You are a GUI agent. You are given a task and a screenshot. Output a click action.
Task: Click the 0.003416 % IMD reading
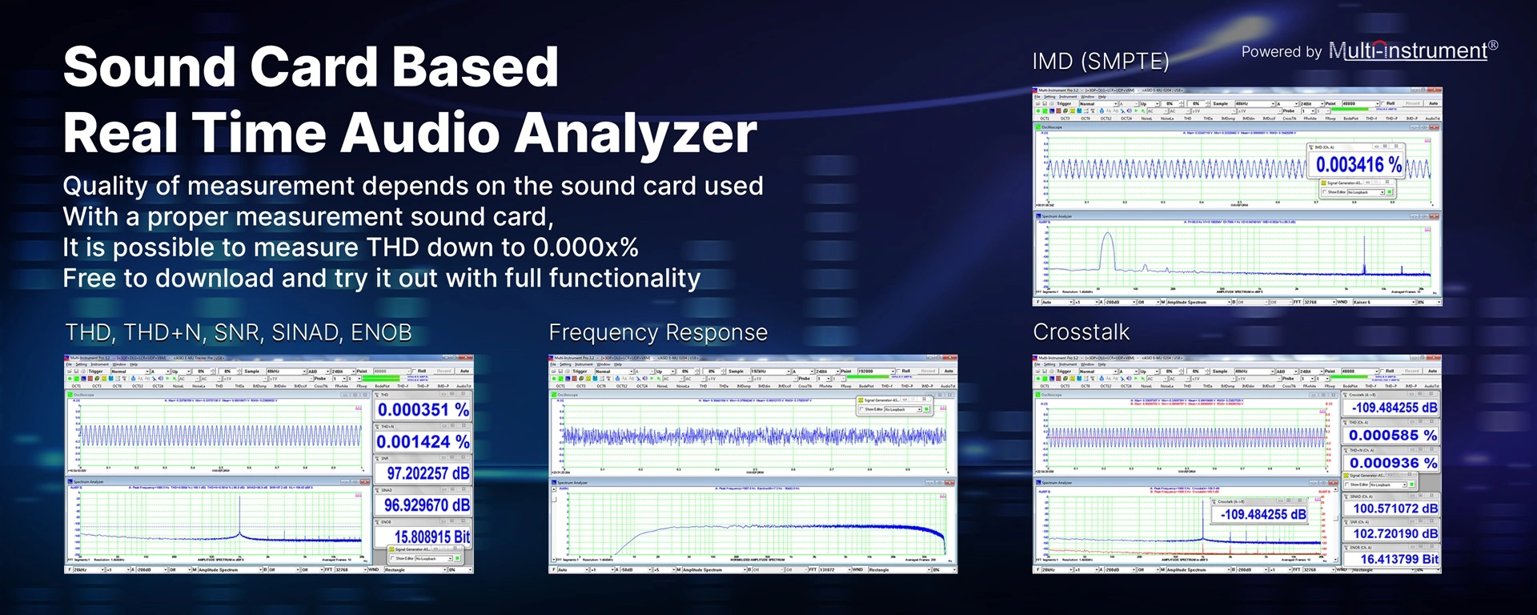coord(1358,165)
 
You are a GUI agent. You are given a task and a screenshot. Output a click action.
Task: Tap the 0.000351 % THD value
coord(423,410)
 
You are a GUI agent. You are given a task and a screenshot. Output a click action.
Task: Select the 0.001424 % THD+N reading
coord(423,442)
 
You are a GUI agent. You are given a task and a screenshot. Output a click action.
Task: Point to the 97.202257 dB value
coord(427,473)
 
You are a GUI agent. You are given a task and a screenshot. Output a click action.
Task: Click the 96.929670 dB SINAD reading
coord(426,505)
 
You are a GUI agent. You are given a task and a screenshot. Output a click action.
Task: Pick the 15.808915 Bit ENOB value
coord(431,537)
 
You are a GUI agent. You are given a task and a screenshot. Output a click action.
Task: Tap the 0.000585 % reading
coord(1392,436)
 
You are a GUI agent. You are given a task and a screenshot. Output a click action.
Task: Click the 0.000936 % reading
coord(1392,463)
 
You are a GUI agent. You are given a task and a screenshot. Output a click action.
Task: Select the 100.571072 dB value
coord(1395,508)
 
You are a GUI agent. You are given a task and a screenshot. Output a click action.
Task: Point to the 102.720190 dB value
coord(1395,533)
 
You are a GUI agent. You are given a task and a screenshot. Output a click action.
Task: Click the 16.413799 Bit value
coord(1398,559)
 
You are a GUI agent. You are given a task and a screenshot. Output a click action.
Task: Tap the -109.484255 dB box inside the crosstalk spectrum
coord(1262,514)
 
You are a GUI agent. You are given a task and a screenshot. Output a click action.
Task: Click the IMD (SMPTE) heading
coord(1100,62)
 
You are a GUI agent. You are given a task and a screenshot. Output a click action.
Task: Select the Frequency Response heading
coord(657,332)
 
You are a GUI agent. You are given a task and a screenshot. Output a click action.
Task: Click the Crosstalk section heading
coord(1081,332)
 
